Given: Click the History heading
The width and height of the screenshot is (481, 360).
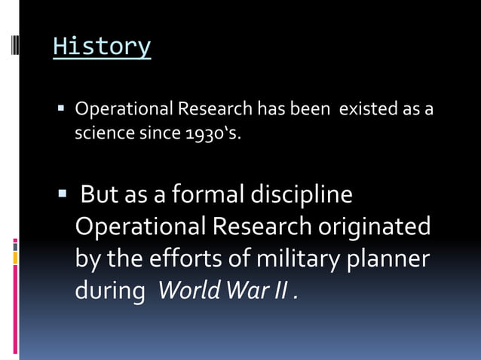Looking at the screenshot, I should click(x=102, y=47).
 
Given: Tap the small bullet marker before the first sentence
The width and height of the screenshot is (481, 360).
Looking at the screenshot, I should click(x=62, y=110).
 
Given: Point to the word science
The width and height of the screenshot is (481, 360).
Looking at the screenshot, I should click(x=100, y=135).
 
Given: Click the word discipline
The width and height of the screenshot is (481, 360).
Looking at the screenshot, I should click(x=305, y=195).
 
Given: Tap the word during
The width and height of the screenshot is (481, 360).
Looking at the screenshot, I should click(x=109, y=291).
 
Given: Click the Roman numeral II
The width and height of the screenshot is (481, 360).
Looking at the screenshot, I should click(x=281, y=290).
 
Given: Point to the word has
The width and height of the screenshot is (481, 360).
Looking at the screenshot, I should click(x=270, y=110).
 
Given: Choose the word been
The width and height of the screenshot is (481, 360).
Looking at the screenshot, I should click(x=308, y=110).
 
